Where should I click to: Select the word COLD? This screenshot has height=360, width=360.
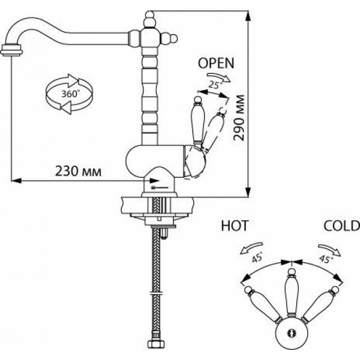341,226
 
